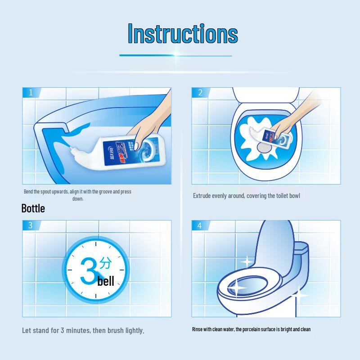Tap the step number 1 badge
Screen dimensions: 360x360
point(31,93)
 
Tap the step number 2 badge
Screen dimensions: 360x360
point(200,93)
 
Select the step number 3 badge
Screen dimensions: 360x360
point(31,225)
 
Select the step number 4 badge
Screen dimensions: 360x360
point(200,225)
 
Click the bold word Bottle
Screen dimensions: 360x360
point(33,209)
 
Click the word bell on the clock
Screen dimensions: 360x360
point(106,282)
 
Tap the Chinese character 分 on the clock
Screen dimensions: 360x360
point(105,264)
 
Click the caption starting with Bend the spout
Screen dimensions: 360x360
point(77,195)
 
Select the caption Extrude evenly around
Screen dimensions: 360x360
point(246,196)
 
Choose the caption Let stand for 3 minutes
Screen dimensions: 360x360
point(83,330)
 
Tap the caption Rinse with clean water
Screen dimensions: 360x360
point(251,329)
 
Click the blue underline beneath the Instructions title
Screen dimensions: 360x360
point(175,55)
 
